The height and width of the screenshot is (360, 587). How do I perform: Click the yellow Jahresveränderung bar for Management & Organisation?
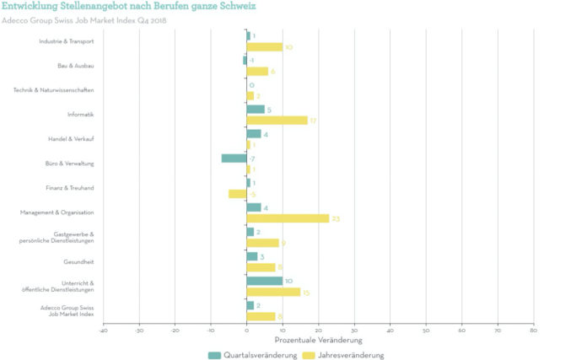click(x=288, y=218)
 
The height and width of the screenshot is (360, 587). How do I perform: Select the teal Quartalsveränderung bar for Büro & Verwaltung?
click(x=234, y=158)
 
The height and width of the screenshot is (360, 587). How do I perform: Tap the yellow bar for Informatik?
click(x=277, y=121)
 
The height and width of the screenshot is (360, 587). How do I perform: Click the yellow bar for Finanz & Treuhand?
click(x=237, y=194)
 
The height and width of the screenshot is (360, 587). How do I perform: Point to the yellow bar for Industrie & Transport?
click(x=265, y=47)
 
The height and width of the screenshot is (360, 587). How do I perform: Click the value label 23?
click(x=335, y=218)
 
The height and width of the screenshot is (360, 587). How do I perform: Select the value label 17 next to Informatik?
click(x=313, y=121)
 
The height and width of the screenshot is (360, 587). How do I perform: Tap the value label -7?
click(x=252, y=158)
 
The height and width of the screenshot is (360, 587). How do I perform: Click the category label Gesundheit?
click(x=80, y=261)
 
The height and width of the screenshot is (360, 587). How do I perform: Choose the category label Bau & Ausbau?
click(x=76, y=66)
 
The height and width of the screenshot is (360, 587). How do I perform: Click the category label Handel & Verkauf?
click(x=72, y=139)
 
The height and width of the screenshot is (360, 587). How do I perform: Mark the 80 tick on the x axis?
click(x=533, y=330)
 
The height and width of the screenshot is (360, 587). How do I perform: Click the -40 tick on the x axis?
click(x=103, y=330)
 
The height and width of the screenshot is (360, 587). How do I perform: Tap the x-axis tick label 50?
click(x=426, y=330)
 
